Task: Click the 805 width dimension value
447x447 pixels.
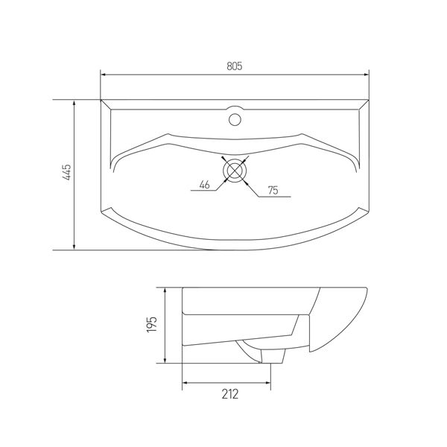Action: (234, 66)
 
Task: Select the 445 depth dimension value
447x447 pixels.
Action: (66, 174)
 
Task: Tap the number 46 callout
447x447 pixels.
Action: (203, 185)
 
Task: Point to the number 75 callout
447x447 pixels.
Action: (273, 191)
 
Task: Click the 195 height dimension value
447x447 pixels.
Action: (151, 324)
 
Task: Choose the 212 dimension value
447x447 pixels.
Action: (229, 394)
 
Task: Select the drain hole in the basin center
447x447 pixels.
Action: (235, 171)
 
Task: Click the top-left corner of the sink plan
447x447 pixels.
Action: (101, 98)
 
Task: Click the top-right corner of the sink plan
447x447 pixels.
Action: (370, 98)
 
